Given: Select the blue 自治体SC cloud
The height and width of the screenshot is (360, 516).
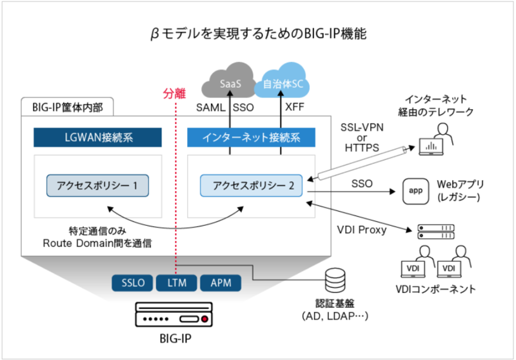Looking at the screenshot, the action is [x=283, y=81].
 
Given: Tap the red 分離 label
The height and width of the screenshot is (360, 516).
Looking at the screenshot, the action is [x=174, y=94].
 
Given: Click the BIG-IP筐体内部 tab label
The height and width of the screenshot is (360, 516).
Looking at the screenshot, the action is [x=68, y=107].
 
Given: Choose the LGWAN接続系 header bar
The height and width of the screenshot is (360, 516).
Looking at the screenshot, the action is [x=98, y=137].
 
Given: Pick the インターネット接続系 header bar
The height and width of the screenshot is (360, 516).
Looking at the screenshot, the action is [x=251, y=137].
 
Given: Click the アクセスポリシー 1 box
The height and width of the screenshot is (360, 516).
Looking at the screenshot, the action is [x=97, y=186].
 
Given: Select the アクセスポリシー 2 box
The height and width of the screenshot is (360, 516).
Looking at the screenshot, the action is [x=251, y=186].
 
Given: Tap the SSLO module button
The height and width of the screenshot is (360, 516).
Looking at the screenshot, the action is [x=132, y=283].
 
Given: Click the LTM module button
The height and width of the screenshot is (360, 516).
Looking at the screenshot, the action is [x=176, y=283].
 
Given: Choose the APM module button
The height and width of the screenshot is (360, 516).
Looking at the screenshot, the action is [x=221, y=283].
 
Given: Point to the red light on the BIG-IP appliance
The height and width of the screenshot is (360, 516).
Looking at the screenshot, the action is [x=204, y=319].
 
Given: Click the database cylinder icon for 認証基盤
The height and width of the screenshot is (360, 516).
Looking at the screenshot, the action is [x=335, y=281].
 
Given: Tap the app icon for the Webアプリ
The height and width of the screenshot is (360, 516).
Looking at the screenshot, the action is [x=415, y=191].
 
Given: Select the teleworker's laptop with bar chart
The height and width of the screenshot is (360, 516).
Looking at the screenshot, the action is [x=431, y=146].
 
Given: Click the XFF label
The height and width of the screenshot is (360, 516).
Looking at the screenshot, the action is [x=295, y=107].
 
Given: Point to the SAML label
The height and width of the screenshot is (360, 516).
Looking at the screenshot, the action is [x=211, y=108].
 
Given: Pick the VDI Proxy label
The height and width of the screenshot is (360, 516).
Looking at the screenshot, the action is [x=362, y=230].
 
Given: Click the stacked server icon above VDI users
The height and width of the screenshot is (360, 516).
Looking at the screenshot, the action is [x=436, y=232].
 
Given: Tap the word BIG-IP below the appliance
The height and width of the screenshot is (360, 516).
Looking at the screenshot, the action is [x=175, y=338].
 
